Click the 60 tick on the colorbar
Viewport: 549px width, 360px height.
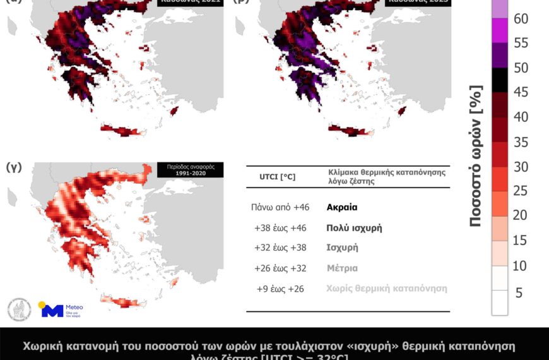[x=521, y=18]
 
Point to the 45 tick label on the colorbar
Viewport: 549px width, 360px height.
[x=521, y=92]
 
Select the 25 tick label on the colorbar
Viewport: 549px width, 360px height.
[x=521, y=191]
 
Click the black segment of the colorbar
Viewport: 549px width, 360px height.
[x=500, y=80]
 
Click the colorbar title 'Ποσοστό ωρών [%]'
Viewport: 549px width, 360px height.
[x=477, y=155]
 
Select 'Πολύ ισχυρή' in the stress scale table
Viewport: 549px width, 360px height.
[x=354, y=227]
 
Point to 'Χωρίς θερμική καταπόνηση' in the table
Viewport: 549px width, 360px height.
[x=387, y=288]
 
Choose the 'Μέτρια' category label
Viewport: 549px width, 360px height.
[x=342, y=268]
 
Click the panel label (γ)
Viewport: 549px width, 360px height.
[x=14, y=168]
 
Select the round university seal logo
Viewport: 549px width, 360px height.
[x=19, y=309]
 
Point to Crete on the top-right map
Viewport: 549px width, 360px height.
[x=350, y=130]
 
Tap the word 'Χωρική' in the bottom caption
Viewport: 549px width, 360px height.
[x=43, y=346]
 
